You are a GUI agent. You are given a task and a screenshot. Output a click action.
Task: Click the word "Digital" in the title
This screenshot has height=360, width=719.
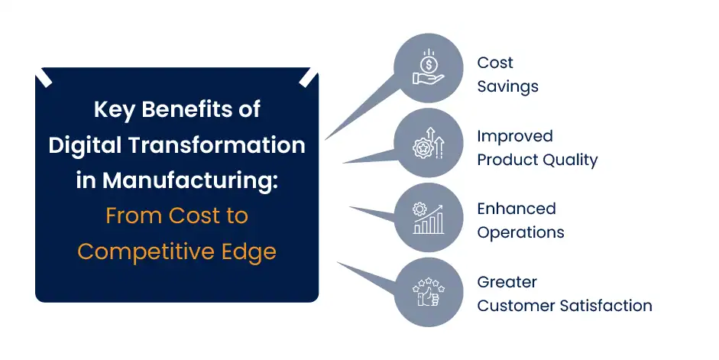tap(79, 145)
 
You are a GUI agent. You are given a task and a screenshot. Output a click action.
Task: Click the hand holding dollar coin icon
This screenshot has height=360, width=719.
tap(428, 67)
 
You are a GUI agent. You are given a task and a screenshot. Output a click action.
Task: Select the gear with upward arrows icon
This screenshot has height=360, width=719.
tap(428, 142)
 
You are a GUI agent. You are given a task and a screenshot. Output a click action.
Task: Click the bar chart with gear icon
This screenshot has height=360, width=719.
tap(428, 217)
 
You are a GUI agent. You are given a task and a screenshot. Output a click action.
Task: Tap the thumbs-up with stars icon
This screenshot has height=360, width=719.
tap(428, 292)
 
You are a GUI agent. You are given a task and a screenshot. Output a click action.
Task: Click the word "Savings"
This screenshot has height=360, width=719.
tap(507, 86)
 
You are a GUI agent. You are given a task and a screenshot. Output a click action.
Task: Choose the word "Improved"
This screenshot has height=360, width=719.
tap(514, 136)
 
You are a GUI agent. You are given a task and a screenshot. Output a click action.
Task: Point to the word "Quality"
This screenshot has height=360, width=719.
tap(568, 160)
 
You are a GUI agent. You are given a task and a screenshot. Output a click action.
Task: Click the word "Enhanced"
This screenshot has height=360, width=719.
tap(516, 209)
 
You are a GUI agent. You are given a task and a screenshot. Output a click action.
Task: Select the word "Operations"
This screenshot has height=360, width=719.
tap(520, 232)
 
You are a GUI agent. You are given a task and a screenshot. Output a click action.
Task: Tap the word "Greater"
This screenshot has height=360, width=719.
tap(507, 282)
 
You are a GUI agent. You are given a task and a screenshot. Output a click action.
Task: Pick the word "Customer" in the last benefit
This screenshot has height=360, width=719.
tap(511, 306)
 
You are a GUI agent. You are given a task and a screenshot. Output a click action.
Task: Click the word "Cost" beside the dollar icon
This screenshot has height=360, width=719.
tap(494, 63)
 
